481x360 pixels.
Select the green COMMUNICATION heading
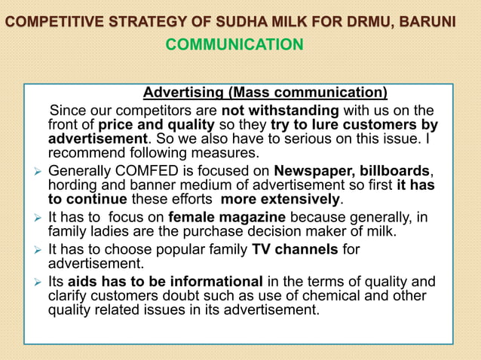click(234, 45)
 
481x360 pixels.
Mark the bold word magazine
click(242, 218)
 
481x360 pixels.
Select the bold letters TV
click(261, 249)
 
